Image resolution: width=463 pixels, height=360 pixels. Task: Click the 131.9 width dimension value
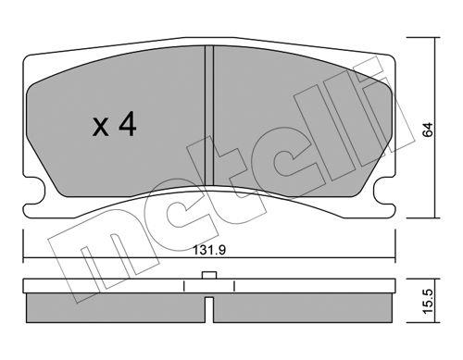[x=209, y=250]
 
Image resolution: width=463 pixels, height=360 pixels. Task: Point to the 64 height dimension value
[x=428, y=130]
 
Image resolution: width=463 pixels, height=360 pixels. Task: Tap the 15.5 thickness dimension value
[x=428, y=302]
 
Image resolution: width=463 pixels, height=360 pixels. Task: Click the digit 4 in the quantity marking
[x=128, y=124]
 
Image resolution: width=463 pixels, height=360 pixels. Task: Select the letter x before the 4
[x=101, y=128]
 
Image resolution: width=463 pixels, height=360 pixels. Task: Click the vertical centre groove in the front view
[x=209, y=116]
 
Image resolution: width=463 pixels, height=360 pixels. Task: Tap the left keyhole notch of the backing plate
[x=34, y=191]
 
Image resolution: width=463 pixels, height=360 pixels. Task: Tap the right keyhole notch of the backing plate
[x=384, y=191]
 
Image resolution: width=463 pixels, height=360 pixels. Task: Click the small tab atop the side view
[x=209, y=275]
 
